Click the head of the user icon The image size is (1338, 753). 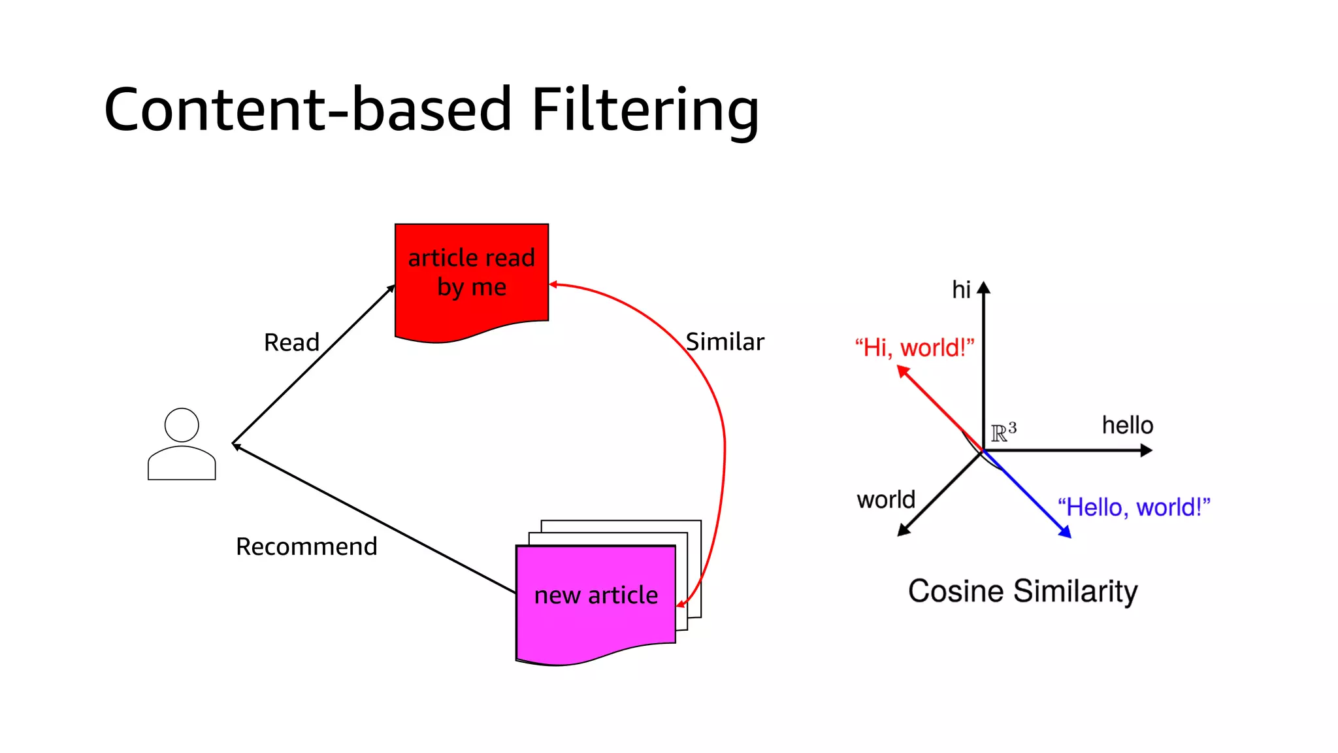(x=182, y=425)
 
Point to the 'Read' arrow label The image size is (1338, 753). (x=291, y=343)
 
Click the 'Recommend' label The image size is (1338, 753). (x=306, y=546)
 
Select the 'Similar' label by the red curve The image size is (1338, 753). (x=725, y=342)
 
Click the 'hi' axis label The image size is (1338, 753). (x=961, y=290)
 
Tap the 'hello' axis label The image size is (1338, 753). (x=1127, y=426)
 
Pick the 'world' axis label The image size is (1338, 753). (x=886, y=500)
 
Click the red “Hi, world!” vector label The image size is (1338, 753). (x=914, y=348)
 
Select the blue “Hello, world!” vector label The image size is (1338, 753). (x=1134, y=507)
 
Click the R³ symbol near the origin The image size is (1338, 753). (x=1003, y=432)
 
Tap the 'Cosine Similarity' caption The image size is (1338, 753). (x=1022, y=591)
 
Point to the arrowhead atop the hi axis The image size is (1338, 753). (x=984, y=288)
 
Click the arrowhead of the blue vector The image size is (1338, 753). (x=1065, y=532)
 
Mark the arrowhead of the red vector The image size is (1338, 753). (x=904, y=372)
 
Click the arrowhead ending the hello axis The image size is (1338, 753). (x=1146, y=450)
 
